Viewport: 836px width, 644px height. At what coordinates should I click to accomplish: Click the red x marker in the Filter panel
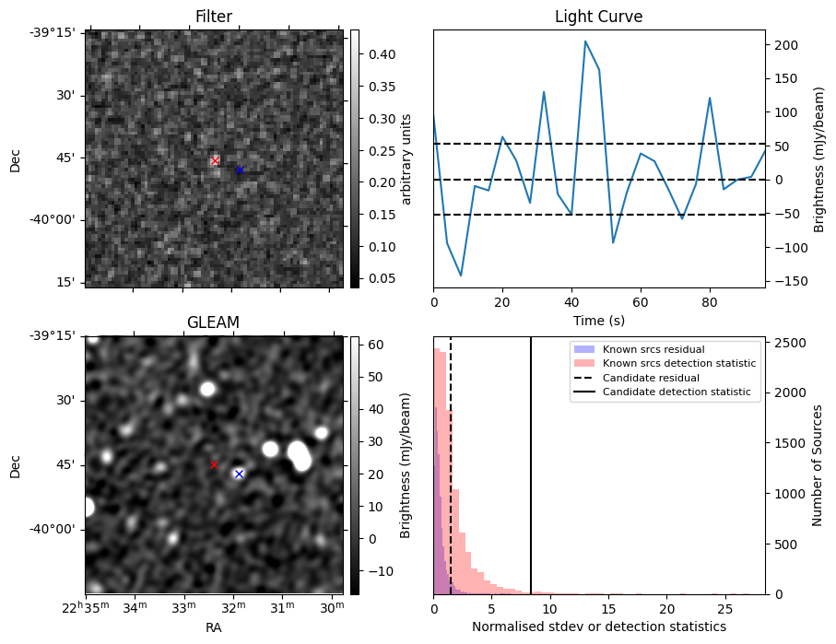[215, 161]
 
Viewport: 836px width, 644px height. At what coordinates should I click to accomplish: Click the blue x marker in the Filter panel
[240, 170]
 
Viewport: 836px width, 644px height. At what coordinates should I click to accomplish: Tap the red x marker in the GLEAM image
[214, 465]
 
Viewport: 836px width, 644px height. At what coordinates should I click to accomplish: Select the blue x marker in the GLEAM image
[239, 474]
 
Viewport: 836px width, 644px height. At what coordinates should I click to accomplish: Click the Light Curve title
[598, 17]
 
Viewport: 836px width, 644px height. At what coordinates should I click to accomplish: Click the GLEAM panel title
[214, 322]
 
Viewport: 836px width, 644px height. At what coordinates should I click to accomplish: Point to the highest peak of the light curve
[585, 41]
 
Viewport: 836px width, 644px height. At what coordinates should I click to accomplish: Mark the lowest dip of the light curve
[461, 275]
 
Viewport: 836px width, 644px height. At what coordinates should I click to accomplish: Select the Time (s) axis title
[598, 320]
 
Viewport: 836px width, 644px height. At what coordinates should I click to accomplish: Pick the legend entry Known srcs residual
[653, 349]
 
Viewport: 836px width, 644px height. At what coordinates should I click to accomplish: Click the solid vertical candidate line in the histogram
[531, 465]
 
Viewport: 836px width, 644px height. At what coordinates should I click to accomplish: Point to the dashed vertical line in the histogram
[451, 465]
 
